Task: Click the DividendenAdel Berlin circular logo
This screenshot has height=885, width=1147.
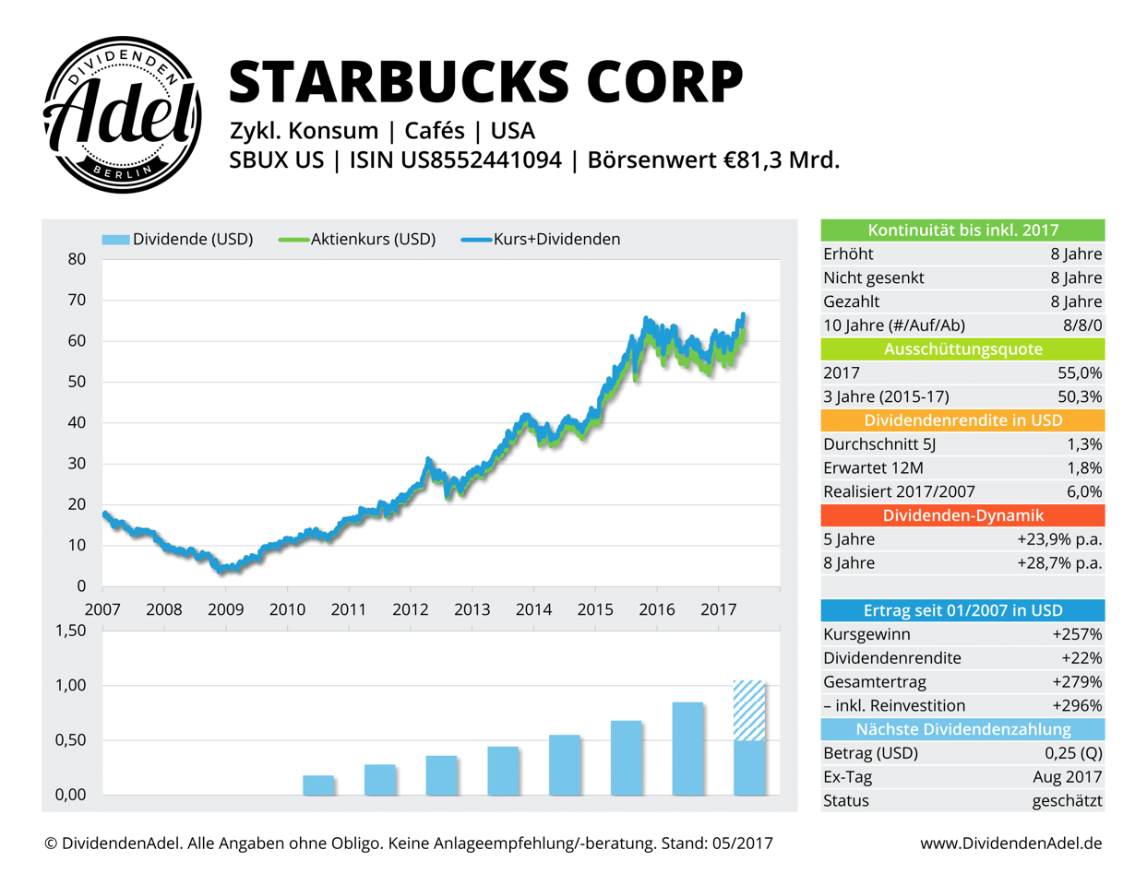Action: [x=122, y=115]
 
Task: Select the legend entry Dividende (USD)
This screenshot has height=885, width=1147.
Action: [x=178, y=239]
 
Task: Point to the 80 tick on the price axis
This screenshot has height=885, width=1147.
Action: [x=77, y=259]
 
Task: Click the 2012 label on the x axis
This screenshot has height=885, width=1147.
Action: [x=410, y=609]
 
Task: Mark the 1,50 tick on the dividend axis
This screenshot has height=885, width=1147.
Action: [x=71, y=631]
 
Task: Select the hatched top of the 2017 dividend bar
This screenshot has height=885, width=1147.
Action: [x=748, y=710]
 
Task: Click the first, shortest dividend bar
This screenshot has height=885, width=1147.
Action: [x=318, y=785]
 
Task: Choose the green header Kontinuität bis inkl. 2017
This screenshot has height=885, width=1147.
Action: [x=962, y=230]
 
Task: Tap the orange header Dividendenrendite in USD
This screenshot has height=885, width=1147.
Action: [x=962, y=420]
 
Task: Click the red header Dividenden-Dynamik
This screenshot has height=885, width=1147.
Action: [x=962, y=515]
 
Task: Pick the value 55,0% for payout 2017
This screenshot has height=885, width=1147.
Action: [x=1079, y=373]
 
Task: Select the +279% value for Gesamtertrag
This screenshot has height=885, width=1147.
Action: [x=1077, y=682]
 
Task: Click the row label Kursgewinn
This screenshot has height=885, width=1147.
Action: [x=866, y=634]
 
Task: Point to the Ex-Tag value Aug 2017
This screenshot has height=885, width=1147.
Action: [x=1068, y=777]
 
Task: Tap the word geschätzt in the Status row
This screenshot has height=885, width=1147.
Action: [x=1067, y=801]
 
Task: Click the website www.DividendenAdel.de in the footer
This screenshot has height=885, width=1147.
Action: [x=1010, y=844]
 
